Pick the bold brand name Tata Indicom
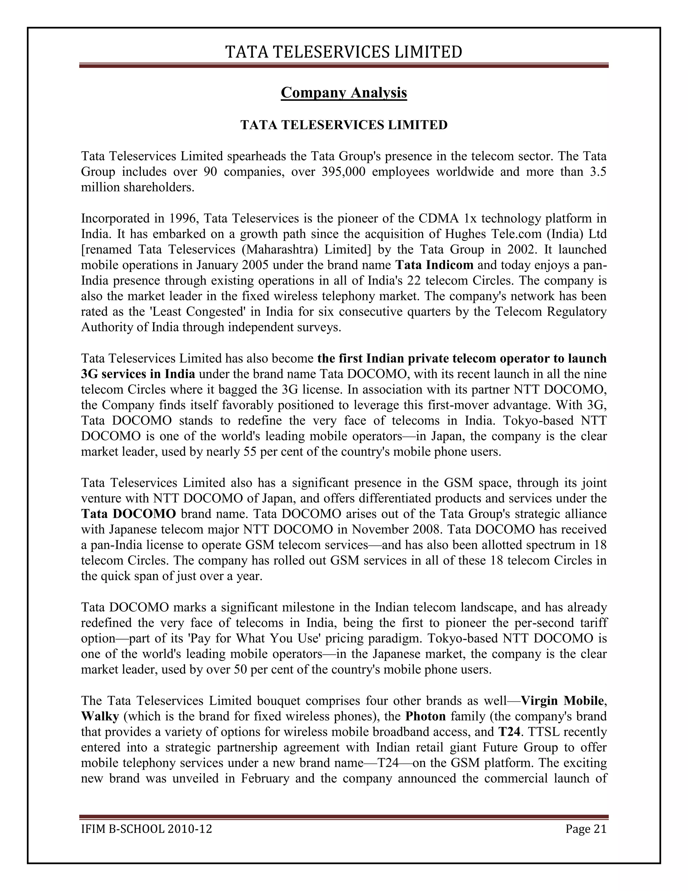pos(434,265)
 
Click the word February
pos(265,778)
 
